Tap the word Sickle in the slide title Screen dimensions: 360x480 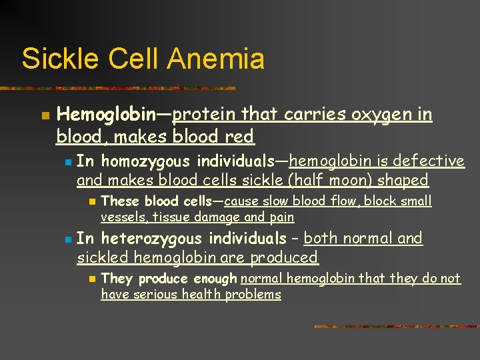click(57, 59)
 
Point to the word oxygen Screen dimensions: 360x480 click(381, 115)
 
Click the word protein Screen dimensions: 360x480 click(205, 115)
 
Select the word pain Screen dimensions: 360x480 click(282, 217)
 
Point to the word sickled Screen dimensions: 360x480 click(103, 257)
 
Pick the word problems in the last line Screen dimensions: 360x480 click(253, 295)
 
